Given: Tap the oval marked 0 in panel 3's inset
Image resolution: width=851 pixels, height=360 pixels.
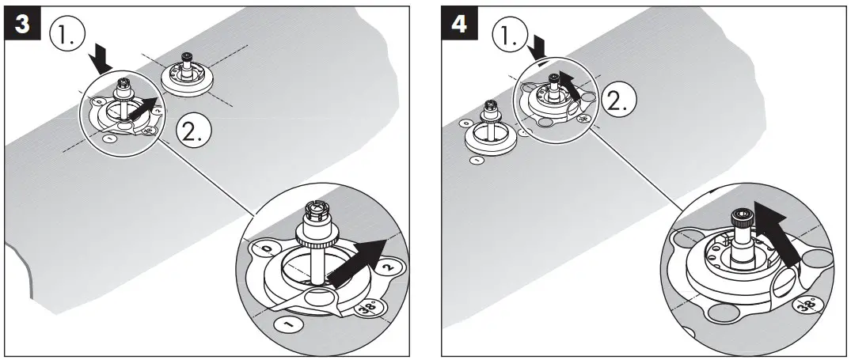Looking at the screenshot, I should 265,250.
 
